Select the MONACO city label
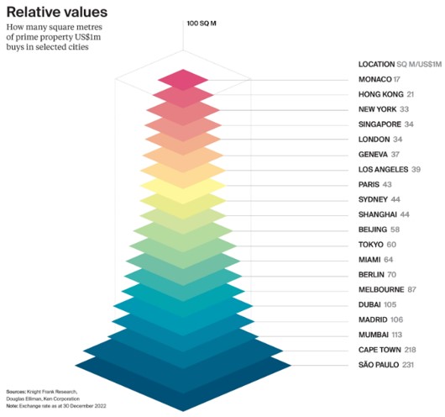coord(376,79)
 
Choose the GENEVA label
coord(374,155)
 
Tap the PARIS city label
coord(370,185)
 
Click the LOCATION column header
coord(376,64)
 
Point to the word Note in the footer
coord(13,406)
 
